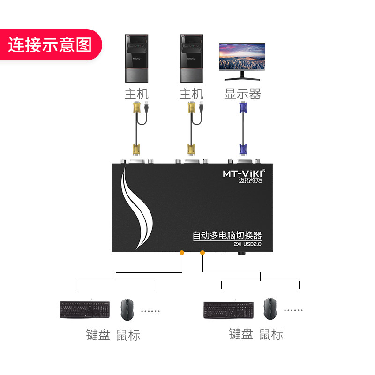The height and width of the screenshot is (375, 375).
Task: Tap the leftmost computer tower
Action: tap(136, 58)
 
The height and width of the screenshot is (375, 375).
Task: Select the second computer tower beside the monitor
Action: tap(192, 58)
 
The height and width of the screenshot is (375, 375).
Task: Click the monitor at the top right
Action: tap(242, 60)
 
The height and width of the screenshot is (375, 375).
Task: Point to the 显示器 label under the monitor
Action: tap(242, 94)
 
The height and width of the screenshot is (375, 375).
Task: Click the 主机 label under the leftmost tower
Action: tap(136, 94)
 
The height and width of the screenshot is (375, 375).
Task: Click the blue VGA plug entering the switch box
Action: tap(243, 150)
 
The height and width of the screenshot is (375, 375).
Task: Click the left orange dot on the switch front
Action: tap(182, 253)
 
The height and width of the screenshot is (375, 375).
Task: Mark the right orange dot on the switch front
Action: tap(202, 253)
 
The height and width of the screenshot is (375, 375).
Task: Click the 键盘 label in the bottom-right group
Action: tap(241, 334)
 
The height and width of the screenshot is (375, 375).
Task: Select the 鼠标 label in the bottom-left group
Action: tap(127, 335)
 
